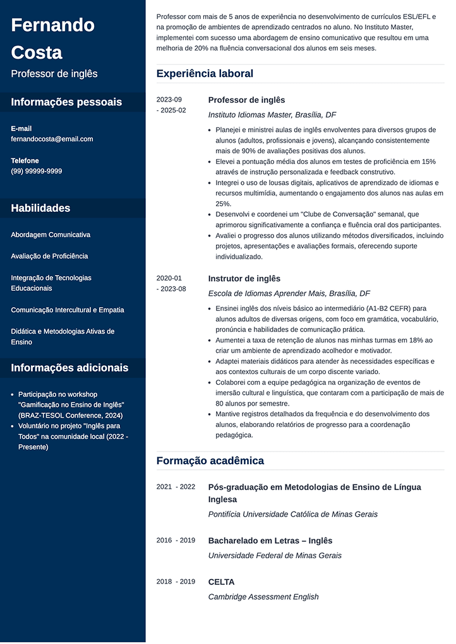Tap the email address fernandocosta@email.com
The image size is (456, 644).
pyautogui.click(x=52, y=139)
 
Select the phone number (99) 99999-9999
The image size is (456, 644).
pyautogui.click(x=37, y=171)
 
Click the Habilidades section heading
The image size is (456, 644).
pyautogui.click(x=40, y=208)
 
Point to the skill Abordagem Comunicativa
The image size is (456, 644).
pyautogui.click(x=51, y=235)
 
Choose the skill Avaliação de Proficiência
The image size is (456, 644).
pyautogui.click(x=49, y=256)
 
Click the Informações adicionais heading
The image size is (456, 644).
pyautogui.click(x=69, y=368)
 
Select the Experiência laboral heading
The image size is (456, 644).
pyautogui.click(x=205, y=74)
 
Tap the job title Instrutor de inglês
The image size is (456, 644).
pyautogui.click(x=244, y=279)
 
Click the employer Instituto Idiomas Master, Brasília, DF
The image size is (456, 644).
pyautogui.click(x=272, y=115)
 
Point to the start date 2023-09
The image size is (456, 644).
pyautogui.click(x=169, y=100)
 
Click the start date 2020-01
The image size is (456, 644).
pyautogui.click(x=169, y=278)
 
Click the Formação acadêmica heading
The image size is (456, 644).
pyautogui.click(x=210, y=460)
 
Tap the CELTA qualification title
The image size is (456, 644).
pyautogui.click(x=221, y=582)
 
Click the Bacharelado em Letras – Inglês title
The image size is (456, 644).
pyautogui.click(x=270, y=541)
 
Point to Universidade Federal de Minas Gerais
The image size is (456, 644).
pyautogui.click(x=275, y=556)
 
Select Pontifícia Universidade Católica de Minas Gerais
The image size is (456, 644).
pyautogui.click(x=292, y=514)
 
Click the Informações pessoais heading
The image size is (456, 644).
pyautogui.click(x=66, y=102)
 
